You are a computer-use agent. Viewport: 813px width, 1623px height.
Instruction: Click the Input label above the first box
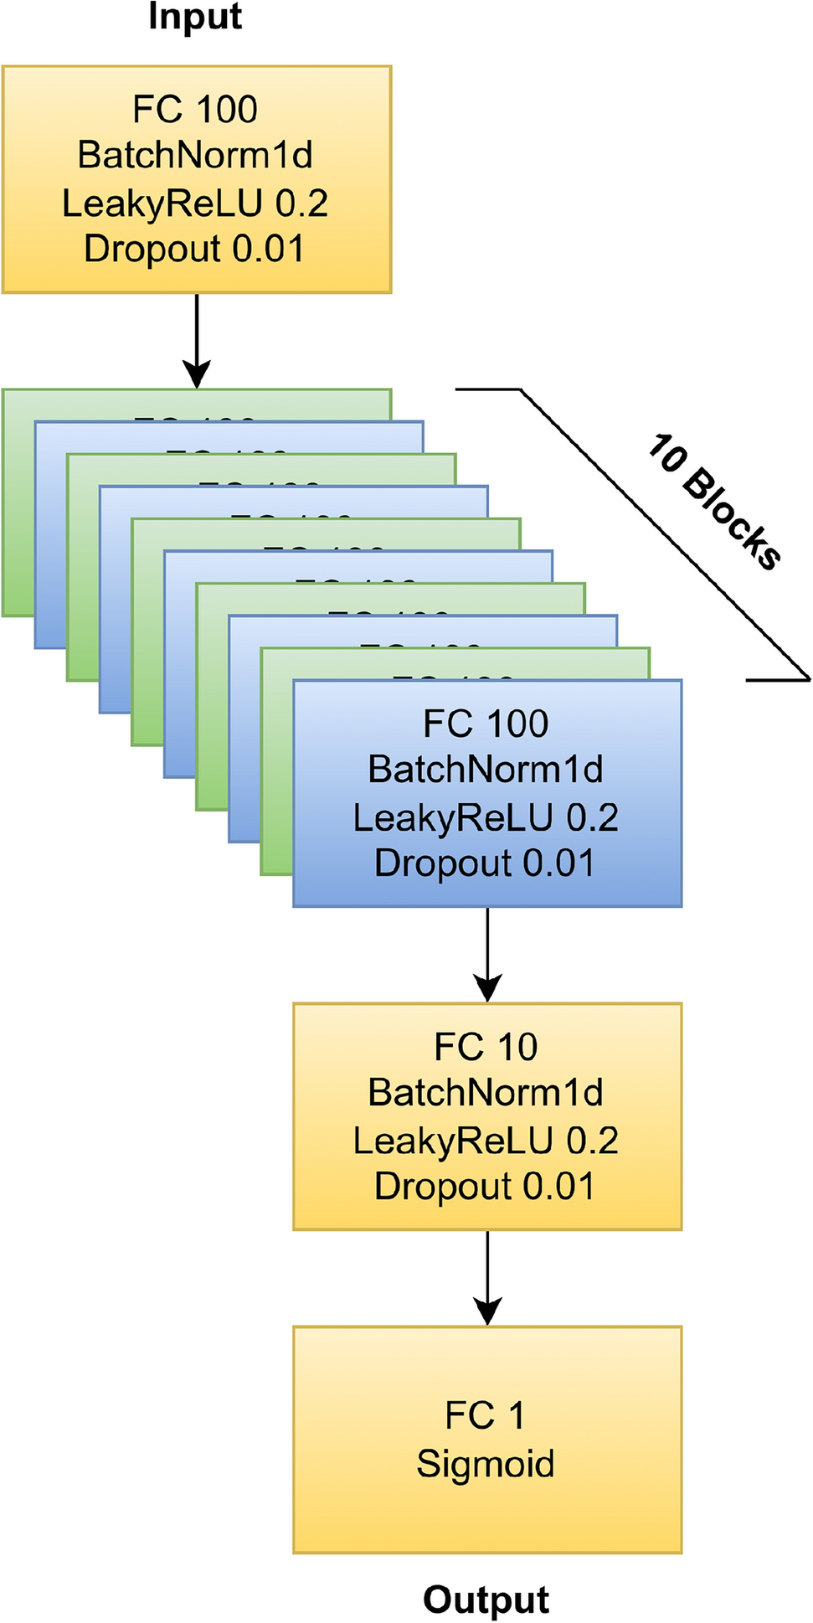click(195, 17)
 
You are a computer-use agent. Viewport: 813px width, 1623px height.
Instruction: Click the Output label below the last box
click(486, 1600)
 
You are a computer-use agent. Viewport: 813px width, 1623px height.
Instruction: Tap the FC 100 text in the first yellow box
click(195, 110)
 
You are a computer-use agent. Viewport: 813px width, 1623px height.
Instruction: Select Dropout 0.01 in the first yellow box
click(194, 249)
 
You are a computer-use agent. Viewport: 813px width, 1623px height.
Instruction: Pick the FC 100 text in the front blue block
click(486, 724)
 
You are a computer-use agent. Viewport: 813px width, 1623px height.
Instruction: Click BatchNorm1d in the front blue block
click(486, 770)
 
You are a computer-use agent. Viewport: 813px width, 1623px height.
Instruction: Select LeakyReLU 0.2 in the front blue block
click(486, 818)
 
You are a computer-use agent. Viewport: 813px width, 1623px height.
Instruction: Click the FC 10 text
click(486, 1048)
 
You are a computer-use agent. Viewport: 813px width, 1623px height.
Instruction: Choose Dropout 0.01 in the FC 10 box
click(485, 1187)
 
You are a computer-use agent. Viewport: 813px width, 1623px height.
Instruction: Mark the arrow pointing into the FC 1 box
click(487, 1276)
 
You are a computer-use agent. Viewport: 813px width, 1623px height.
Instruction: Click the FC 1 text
click(485, 1416)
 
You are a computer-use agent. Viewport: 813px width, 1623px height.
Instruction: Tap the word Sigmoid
click(486, 1464)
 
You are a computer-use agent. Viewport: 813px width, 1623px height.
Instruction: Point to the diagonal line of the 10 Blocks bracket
click(661, 532)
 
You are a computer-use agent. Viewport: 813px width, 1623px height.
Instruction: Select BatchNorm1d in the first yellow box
click(195, 156)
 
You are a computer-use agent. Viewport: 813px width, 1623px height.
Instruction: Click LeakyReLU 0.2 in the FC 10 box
click(486, 1141)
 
